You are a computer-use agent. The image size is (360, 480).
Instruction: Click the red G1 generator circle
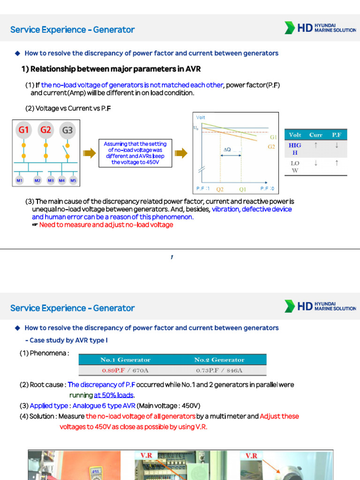[x=23, y=130]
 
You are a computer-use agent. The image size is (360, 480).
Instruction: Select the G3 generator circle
[x=67, y=130]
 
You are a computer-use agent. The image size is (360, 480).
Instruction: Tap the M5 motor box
[x=73, y=180]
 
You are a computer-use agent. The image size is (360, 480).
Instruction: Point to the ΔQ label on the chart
[x=227, y=150]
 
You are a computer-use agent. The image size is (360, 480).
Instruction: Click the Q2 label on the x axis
[x=220, y=190]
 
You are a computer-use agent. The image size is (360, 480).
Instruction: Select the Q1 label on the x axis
[x=242, y=190]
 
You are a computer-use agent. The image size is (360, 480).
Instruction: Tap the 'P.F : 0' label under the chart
[x=267, y=188]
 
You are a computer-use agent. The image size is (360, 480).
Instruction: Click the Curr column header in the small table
[x=316, y=135]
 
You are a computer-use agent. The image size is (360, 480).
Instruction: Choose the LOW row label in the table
[x=295, y=167]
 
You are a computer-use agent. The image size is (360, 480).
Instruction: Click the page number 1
[x=172, y=257]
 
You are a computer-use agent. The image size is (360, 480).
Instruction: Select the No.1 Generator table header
[x=125, y=360]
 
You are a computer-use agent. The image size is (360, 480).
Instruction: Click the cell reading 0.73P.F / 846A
[x=219, y=370]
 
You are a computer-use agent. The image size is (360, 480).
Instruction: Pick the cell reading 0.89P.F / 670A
[x=125, y=370]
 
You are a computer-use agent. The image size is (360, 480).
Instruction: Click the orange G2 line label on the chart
[x=271, y=147]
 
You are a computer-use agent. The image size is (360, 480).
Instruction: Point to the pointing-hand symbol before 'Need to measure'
[x=35, y=225]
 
